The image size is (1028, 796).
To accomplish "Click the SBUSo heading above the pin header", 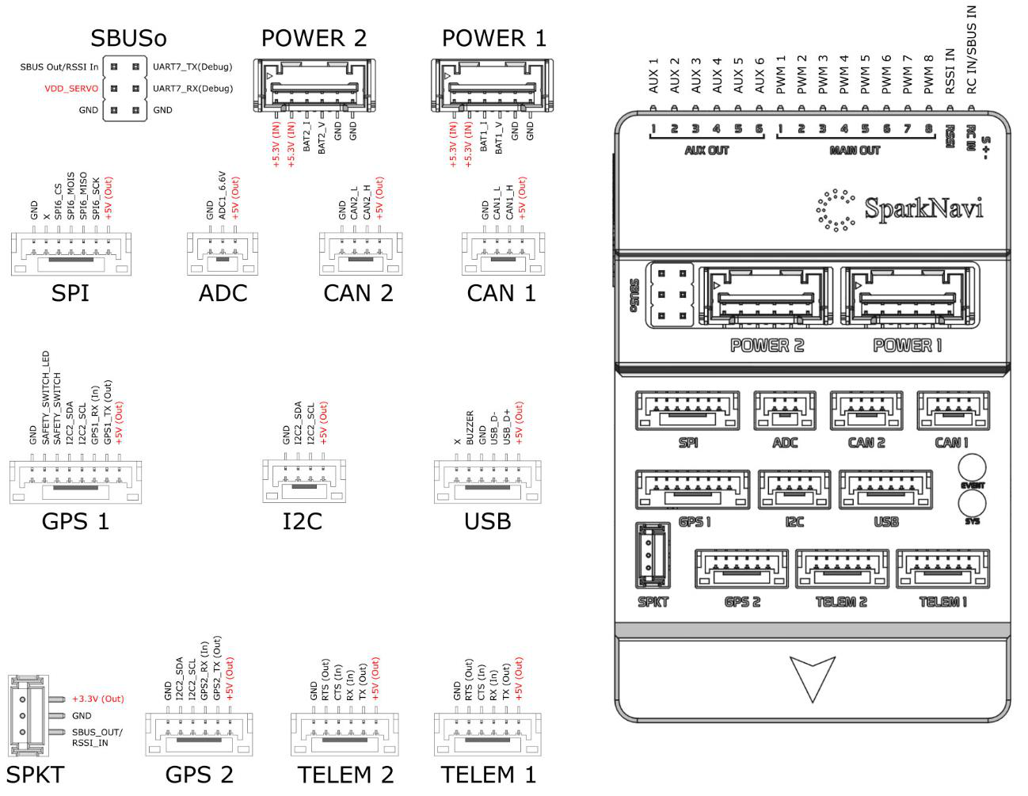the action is tap(128, 38).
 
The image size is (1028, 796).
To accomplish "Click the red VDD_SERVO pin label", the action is tap(71, 89).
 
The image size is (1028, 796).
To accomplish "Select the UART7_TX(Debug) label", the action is tap(192, 67).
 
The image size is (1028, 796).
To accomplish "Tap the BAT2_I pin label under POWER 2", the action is tap(306, 137).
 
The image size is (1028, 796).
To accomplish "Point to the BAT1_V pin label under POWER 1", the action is tap(499, 138).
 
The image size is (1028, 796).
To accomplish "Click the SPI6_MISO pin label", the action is tap(83, 196).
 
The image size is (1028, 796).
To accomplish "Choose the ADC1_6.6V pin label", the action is tap(223, 196).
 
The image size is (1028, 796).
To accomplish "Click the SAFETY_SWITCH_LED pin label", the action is tap(45, 398).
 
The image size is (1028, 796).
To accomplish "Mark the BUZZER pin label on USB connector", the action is tap(470, 428).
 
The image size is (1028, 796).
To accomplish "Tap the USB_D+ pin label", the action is tap(507, 427).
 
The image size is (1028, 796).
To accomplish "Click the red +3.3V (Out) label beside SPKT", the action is tap(98, 699).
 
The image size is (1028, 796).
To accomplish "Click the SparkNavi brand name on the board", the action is tap(924, 208).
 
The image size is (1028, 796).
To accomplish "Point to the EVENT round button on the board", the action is tap(973, 467).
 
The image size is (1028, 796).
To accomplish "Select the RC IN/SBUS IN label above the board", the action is tap(971, 50).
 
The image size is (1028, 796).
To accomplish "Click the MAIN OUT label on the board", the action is tap(855, 150).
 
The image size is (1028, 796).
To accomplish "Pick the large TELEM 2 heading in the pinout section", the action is tap(345, 775).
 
